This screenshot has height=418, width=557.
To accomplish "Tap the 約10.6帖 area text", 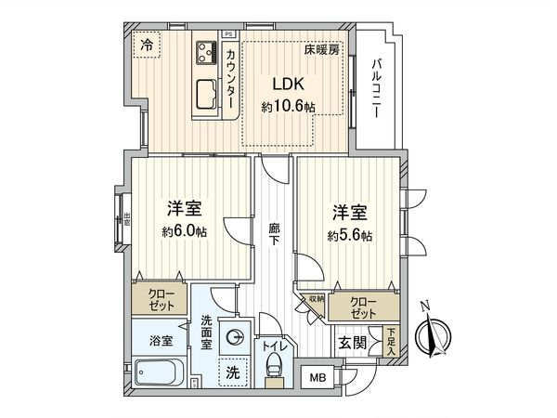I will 288,107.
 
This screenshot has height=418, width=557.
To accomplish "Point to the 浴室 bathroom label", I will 162,340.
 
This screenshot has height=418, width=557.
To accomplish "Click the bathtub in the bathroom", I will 159,376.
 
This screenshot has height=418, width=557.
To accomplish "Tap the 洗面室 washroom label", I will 207,333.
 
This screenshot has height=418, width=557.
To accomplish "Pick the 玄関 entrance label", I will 352,344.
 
